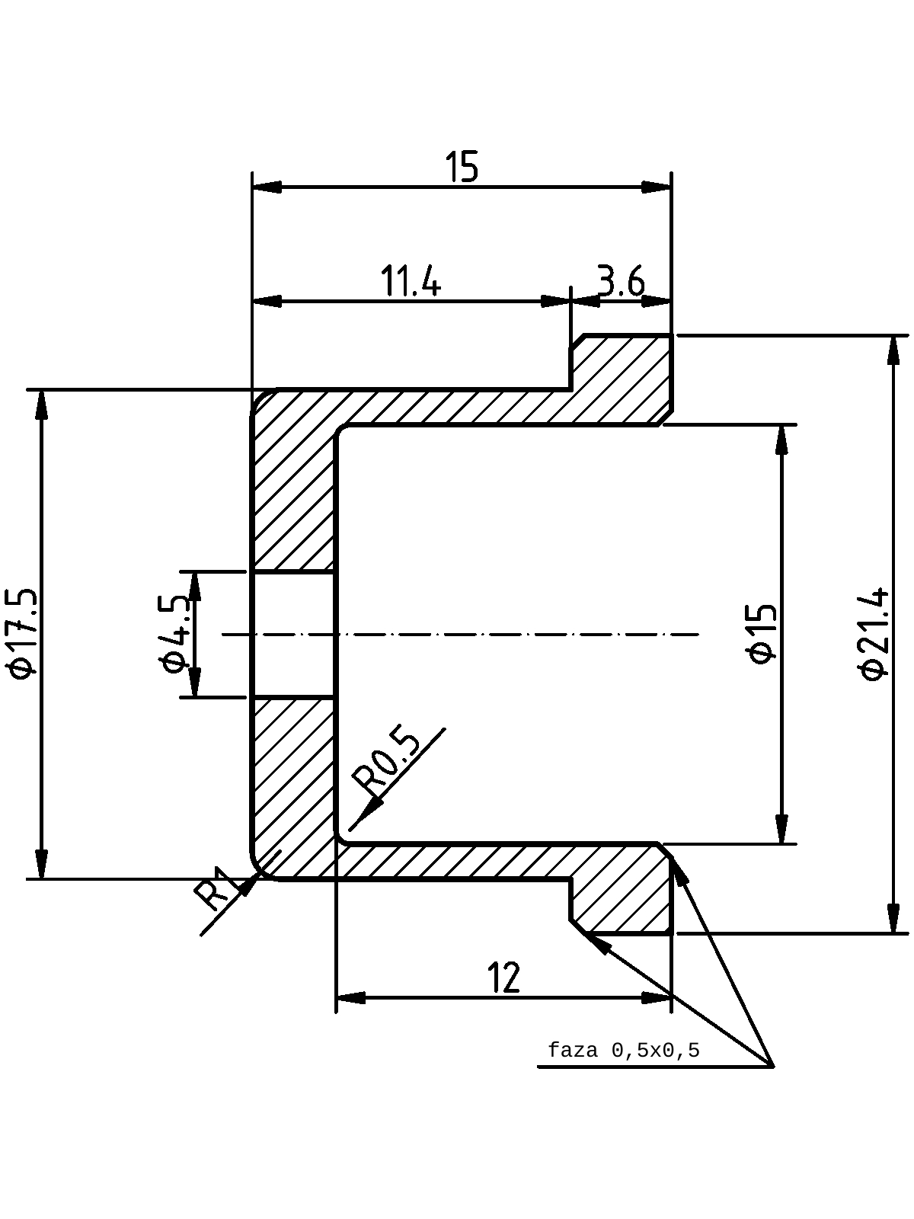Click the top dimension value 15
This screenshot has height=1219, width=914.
461,167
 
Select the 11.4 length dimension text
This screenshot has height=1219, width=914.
411,281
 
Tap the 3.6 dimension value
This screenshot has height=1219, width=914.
621,281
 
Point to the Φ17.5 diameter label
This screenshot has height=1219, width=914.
24,634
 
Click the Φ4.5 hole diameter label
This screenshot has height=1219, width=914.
176,634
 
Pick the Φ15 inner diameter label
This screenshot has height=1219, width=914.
762,634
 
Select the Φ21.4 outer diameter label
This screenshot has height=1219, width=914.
874,634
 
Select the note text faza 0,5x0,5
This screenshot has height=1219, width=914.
624,1050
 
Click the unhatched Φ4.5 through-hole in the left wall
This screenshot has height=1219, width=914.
294,634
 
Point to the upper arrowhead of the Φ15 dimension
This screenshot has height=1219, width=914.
782,440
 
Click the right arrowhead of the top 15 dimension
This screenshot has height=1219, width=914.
657,187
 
